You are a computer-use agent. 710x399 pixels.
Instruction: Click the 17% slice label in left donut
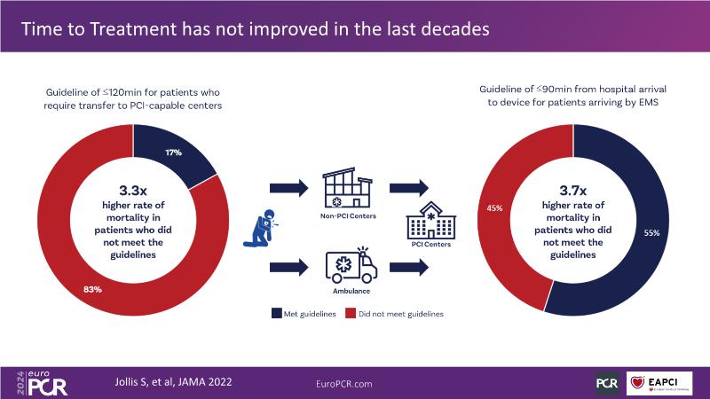pos(173,153)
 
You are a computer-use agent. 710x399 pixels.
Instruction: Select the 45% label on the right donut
pos(494,208)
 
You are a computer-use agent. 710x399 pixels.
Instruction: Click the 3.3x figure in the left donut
pos(134,190)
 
